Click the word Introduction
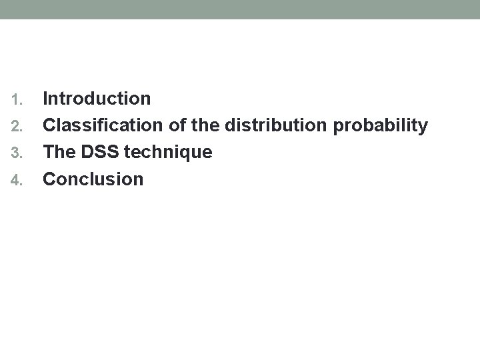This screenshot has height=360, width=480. (x=97, y=99)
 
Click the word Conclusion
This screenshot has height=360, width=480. (x=93, y=179)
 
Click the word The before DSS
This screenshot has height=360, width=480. (x=59, y=153)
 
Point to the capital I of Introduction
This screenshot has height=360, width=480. (x=45, y=99)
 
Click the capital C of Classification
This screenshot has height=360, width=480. (x=49, y=126)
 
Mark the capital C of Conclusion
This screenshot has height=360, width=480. (x=49, y=179)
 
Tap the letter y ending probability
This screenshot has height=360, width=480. (x=423, y=128)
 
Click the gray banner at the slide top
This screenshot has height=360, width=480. (x=240, y=9)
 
